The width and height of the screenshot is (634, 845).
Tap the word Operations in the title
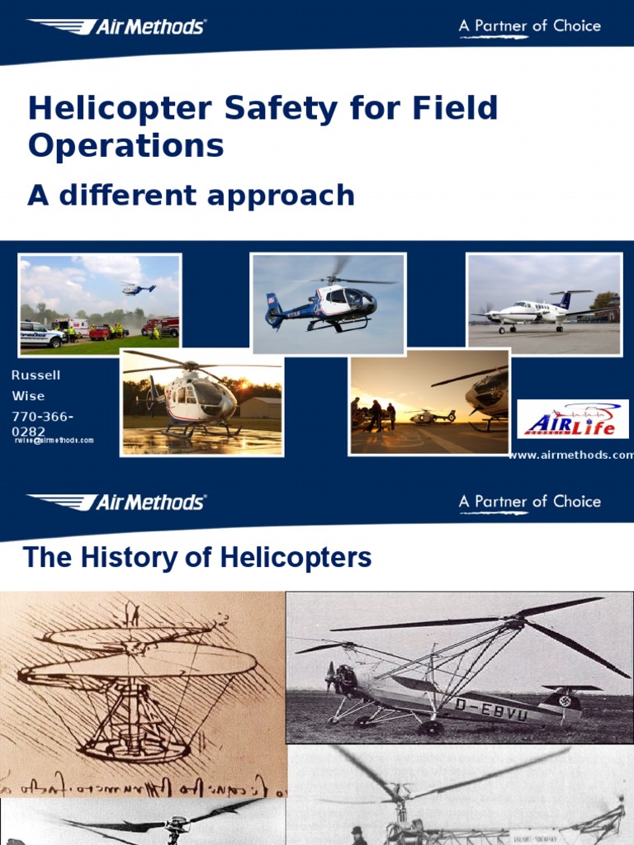pos(125,146)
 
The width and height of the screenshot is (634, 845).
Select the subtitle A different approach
pos(191,196)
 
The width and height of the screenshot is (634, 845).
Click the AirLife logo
pos(572,419)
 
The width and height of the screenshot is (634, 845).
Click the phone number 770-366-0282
pos(42,423)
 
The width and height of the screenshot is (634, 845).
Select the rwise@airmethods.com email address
pos(54,441)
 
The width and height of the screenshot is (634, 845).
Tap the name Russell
pos(35,375)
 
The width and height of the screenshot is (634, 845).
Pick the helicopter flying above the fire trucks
pos(138,289)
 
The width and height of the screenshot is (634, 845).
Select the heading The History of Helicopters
pos(197,558)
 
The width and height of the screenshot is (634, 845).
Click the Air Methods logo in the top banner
pos(116,26)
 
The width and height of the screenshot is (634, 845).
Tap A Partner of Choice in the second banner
pos(529,502)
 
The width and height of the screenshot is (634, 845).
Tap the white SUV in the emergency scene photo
pos(40,334)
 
